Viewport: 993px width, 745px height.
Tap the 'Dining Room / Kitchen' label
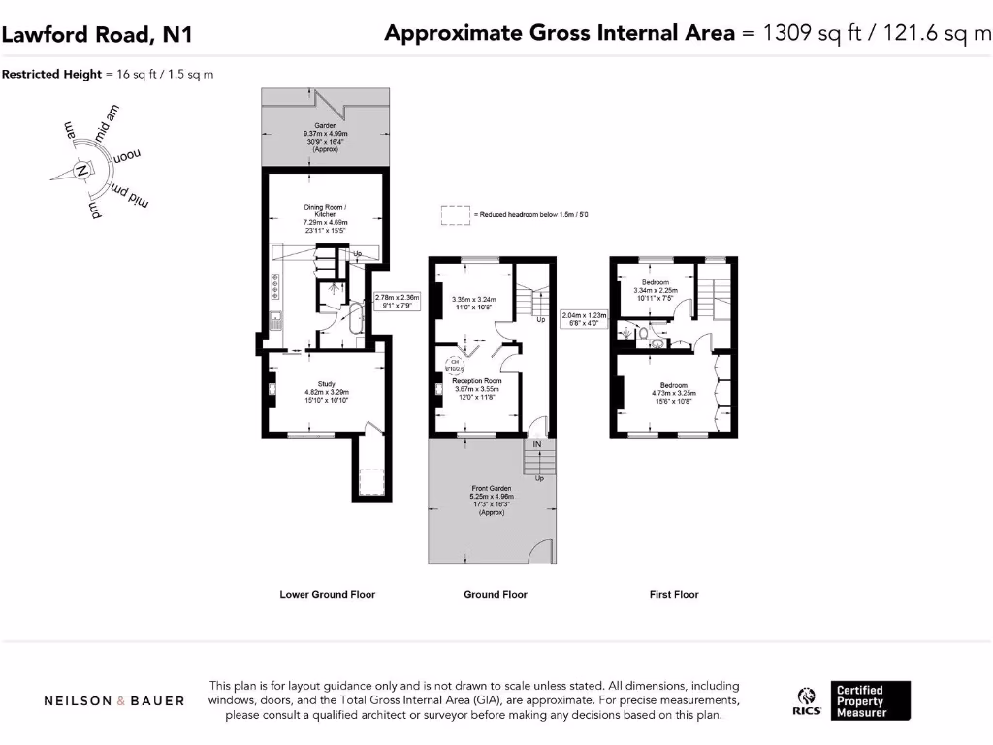pos(325,212)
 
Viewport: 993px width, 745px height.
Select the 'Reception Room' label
pos(475,381)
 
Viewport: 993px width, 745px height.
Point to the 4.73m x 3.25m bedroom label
pos(673,385)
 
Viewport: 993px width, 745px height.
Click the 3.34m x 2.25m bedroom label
pos(655,282)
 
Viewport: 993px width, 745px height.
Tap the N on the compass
pos(81,173)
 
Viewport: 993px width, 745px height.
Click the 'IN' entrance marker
pos(536,444)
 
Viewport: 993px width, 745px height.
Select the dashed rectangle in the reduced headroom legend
pos(455,214)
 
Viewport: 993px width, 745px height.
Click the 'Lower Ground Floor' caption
pos(327,594)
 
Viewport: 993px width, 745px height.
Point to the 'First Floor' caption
pos(674,594)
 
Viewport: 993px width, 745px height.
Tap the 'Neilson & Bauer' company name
pos(114,700)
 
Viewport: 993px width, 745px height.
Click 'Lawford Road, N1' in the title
pos(97,35)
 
